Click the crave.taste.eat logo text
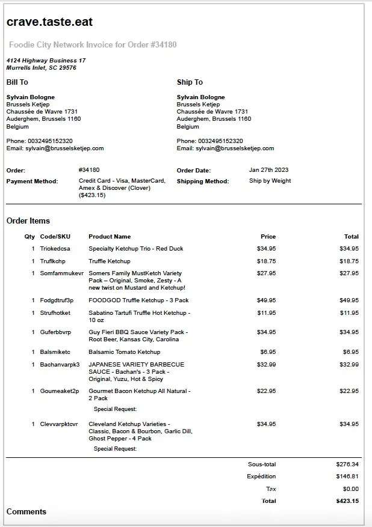click(x=49, y=22)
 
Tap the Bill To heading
click(x=17, y=82)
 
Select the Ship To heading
click(x=190, y=82)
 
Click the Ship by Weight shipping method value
click(x=270, y=181)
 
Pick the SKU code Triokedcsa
click(x=55, y=249)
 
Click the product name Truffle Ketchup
click(x=110, y=261)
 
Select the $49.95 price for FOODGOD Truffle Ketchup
click(x=266, y=300)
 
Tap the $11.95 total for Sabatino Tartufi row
click(x=349, y=313)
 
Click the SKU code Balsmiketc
click(x=55, y=352)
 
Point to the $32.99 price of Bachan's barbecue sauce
click(x=266, y=365)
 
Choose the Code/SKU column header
click(x=55, y=237)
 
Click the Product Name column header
click(x=110, y=237)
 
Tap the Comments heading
click(x=26, y=512)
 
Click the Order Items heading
click(x=28, y=221)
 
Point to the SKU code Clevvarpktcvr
click(x=59, y=424)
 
